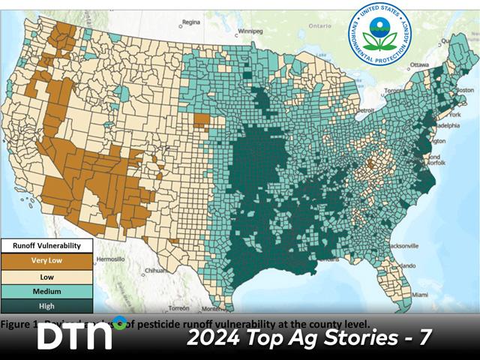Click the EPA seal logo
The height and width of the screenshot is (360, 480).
(x=379, y=34)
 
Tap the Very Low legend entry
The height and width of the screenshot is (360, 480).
(x=46, y=260)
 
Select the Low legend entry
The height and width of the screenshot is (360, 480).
(x=46, y=275)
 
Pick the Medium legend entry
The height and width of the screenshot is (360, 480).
(x=46, y=291)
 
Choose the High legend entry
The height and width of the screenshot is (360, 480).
(x=46, y=305)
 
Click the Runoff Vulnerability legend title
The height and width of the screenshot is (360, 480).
(x=46, y=245)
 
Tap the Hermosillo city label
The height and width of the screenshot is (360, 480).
(x=112, y=258)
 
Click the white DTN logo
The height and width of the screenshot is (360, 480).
(x=74, y=337)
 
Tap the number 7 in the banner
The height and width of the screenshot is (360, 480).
(x=425, y=337)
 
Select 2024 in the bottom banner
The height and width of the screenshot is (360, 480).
(x=214, y=337)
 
